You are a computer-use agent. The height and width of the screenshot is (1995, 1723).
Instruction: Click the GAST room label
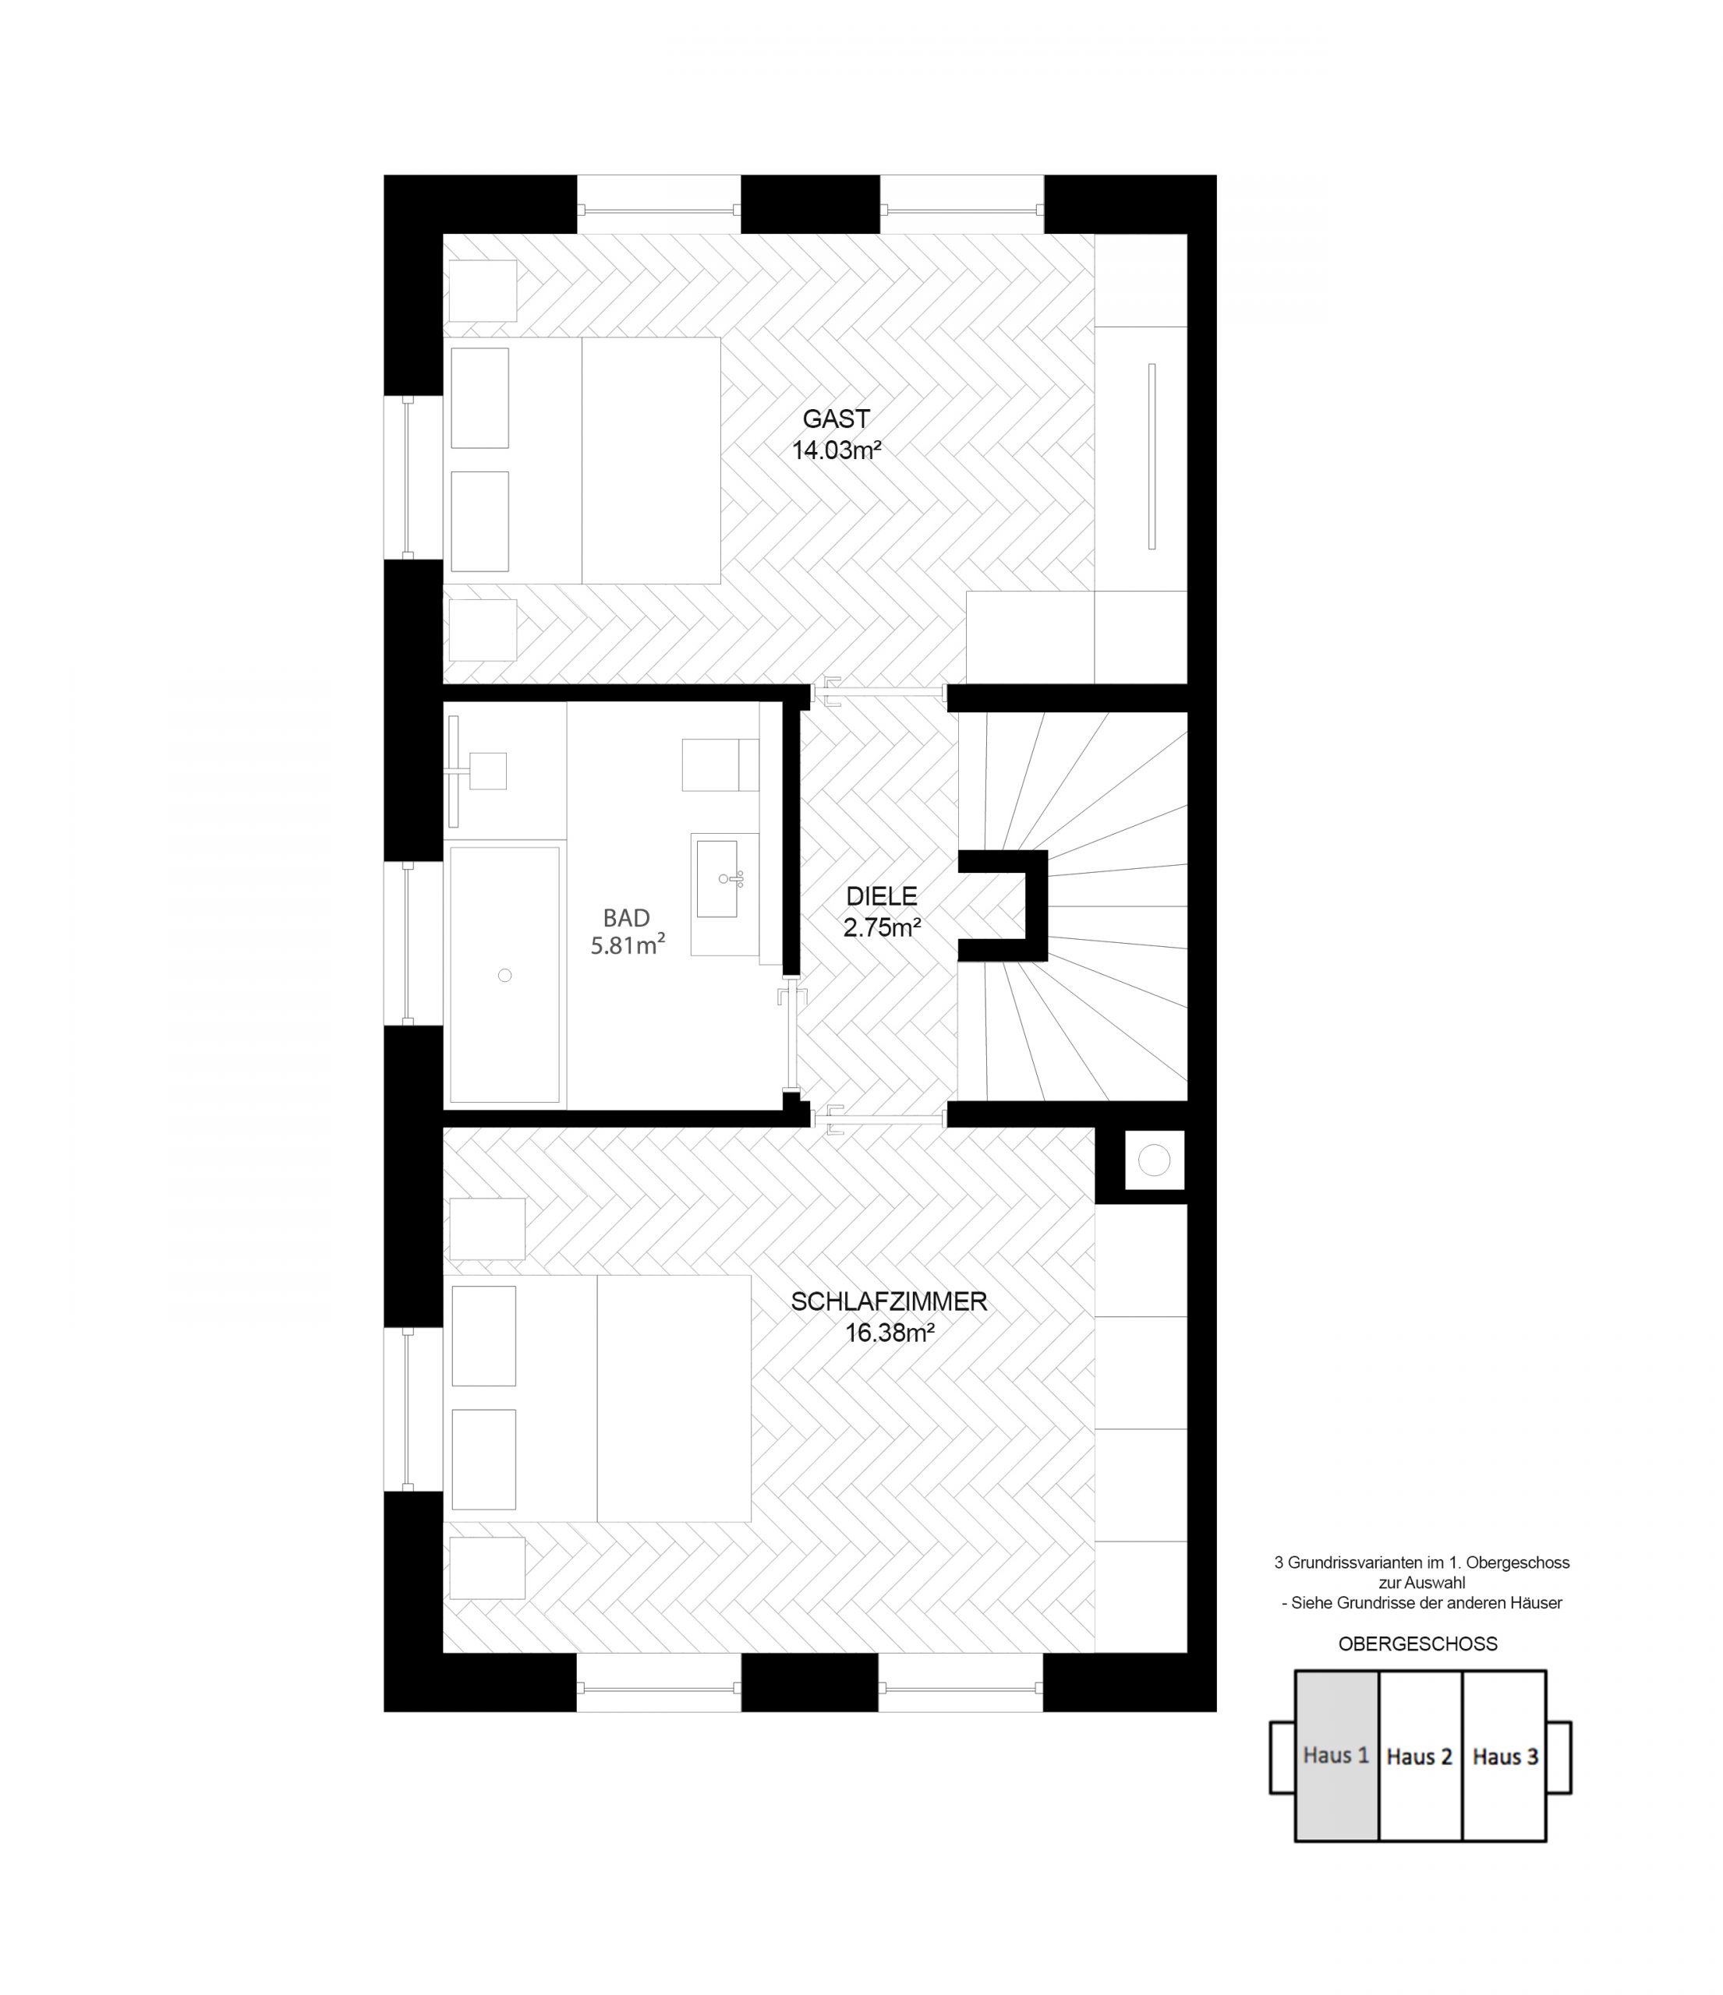click(836, 418)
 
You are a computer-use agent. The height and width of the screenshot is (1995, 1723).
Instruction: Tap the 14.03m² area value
click(837, 450)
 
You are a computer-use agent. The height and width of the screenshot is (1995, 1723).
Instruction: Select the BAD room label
click(627, 917)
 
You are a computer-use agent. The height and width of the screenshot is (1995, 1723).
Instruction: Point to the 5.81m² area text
click(628, 945)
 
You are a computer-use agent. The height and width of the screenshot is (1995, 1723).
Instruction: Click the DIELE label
click(881, 896)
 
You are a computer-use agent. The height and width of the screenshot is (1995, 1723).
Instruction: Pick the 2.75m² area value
click(883, 927)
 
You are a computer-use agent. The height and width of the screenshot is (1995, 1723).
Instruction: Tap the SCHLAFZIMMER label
click(889, 1301)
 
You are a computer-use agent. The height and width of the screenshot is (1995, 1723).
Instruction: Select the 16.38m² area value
click(890, 1333)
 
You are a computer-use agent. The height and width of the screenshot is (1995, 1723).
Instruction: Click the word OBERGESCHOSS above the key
click(1417, 1644)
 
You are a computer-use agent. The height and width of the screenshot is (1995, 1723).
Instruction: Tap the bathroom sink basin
click(716, 877)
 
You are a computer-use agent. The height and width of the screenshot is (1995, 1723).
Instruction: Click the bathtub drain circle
click(504, 976)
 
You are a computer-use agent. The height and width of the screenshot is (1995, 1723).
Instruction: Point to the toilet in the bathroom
click(720, 764)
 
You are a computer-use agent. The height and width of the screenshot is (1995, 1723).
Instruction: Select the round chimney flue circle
click(1153, 1160)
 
